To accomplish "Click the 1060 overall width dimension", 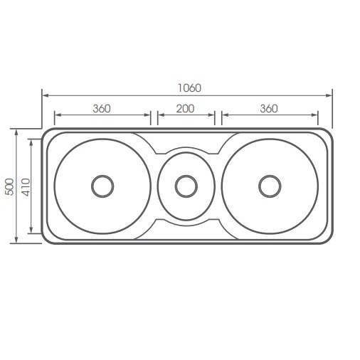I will pyautogui.click(x=190, y=88).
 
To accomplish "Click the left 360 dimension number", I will pyautogui.click(x=102, y=109).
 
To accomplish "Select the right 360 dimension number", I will pyautogui.click(x=269, y=109).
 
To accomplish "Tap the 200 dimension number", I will pyautogui.click(x=186, y=109).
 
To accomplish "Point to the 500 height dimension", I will pyautogui.click(x=9, y=186).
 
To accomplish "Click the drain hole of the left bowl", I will pyautogui.click(x=102, y=186).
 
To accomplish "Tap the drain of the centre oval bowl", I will pyautogui.click(x=186, y=186).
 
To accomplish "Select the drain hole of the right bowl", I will pyautogui.click(x=269, y=186).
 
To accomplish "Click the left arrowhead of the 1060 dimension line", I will pyautogui.click(x=44, y=95).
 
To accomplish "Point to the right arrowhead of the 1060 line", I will pyautogui.click(x=331, y=95).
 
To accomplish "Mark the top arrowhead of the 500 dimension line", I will pyautogui.click(x=16, y=132).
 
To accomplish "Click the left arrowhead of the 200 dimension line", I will pyautogui.click(x=159, y=115).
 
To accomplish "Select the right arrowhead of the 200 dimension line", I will pyautogui.click(x=213, y=115).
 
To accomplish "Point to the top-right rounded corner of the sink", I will pyautogui.click(x=329, y=132).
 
